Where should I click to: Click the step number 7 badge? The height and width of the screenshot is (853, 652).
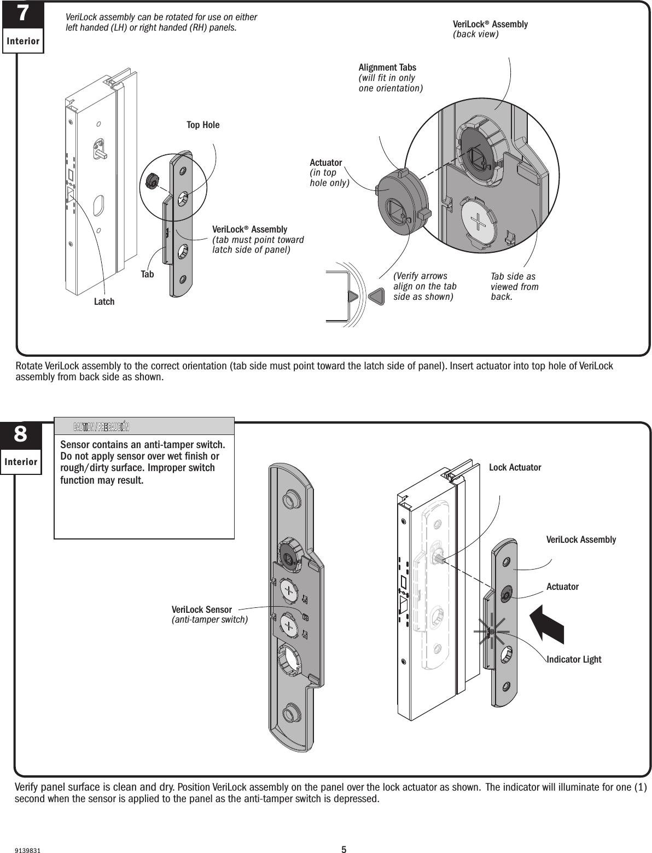[x=22, y=15]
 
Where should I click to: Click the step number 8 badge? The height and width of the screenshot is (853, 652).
[x=21, y=435]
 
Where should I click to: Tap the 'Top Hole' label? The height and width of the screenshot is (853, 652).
[x=203, y=125]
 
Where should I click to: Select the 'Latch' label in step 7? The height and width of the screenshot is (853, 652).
[x=104, y=301]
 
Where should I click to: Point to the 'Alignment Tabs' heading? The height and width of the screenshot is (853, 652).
[x=387, y=67]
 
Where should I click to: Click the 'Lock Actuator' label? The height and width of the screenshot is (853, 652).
[x=515, y=467]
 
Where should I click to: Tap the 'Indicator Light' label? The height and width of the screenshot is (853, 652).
[x=574, y=659]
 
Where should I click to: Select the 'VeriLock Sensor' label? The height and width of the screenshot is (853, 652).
[x=202, y=610]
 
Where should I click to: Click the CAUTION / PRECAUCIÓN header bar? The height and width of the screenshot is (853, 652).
[x=144, y=426]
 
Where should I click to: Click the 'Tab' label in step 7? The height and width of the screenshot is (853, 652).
[x=147, y=274]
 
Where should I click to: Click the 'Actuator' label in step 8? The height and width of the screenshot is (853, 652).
[x=562, y=587]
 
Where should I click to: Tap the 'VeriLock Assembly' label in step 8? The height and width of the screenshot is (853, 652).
[x=581, y=539]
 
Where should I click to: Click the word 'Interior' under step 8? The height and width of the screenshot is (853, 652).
[x=21, y=462]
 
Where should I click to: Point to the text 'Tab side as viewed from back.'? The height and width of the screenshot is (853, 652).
[x=514, y=287]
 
